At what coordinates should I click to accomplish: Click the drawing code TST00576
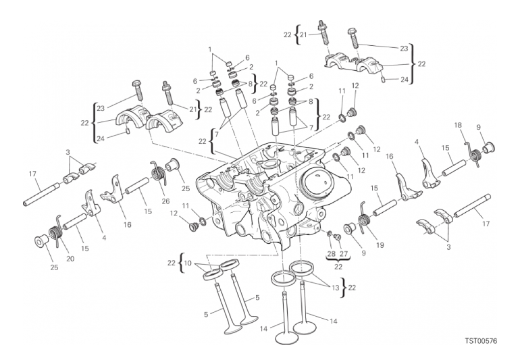click(x=481, y=341)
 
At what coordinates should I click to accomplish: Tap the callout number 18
click(x=458, y=125)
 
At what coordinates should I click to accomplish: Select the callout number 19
click(x=380, y=245)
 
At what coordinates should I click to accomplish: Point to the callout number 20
click(x=70, y=259)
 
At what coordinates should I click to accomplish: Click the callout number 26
click(x=165, y=201)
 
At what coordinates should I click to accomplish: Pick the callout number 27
click(x=344, y=254)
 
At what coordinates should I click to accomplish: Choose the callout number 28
click(x=332, y=254)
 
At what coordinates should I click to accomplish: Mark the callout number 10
click(x=188, y=263)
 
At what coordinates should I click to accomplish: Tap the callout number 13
click(x=335, y=288)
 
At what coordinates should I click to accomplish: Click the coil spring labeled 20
click(x=55, y=232)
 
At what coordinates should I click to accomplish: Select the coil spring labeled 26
click(x=159, y=172)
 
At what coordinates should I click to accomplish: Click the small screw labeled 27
click(x=338, y=237)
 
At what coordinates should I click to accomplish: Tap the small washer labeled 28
click(x=330, y=234)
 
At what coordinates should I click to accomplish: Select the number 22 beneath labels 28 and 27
click(x=338, y=266)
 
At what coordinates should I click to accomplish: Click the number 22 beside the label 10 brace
click(x=171, y=263)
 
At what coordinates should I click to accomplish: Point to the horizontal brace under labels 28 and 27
click(x=338, y=260)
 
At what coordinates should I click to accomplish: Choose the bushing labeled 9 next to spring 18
click(x=489, y=147)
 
